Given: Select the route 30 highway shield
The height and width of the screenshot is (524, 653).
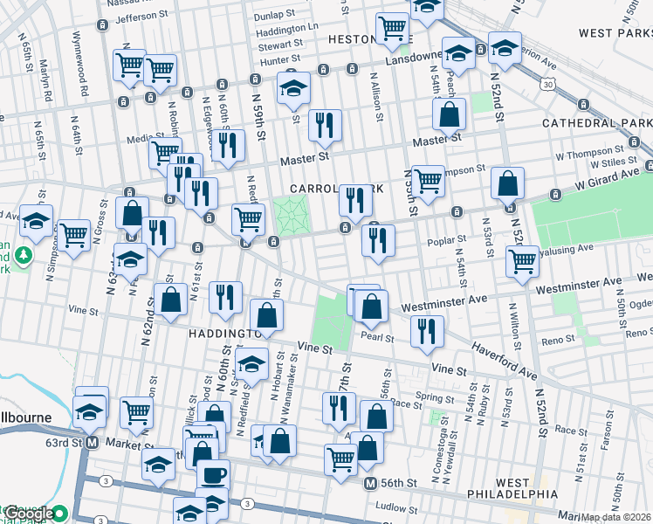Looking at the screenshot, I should (x=546, y=84).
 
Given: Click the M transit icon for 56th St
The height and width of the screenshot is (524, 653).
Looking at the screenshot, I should (x=370, y=484).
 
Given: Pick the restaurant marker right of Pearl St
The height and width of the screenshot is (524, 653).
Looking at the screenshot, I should (x=426, y=331).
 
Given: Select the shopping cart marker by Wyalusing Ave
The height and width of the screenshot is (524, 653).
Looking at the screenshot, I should (x=522, y=260).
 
